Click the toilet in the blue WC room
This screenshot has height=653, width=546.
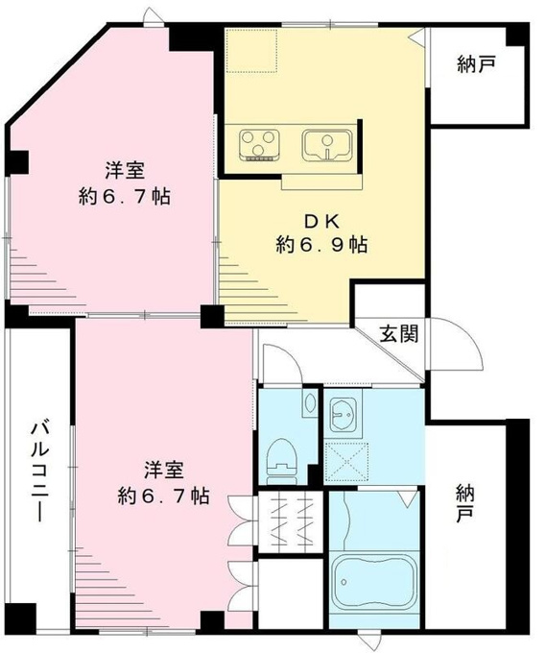(x=283, y=458)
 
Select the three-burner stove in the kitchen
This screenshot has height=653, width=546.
(x=259, y=145)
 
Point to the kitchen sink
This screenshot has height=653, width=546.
(x=327, y=144)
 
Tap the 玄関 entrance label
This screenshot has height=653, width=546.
(x=398, y=333)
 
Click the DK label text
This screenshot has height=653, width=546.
(x=322, y=222)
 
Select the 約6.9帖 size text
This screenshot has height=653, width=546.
(x=321, y=246)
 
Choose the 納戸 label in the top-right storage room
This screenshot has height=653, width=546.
(x=476, y=65)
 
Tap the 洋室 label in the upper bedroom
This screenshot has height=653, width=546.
(x=124, y=171)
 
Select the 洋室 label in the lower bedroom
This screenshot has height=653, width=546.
(x=164, y=471)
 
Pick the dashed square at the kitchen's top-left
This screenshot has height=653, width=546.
(x=252, y=50)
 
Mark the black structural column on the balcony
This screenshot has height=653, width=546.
(x=22, y=617)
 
